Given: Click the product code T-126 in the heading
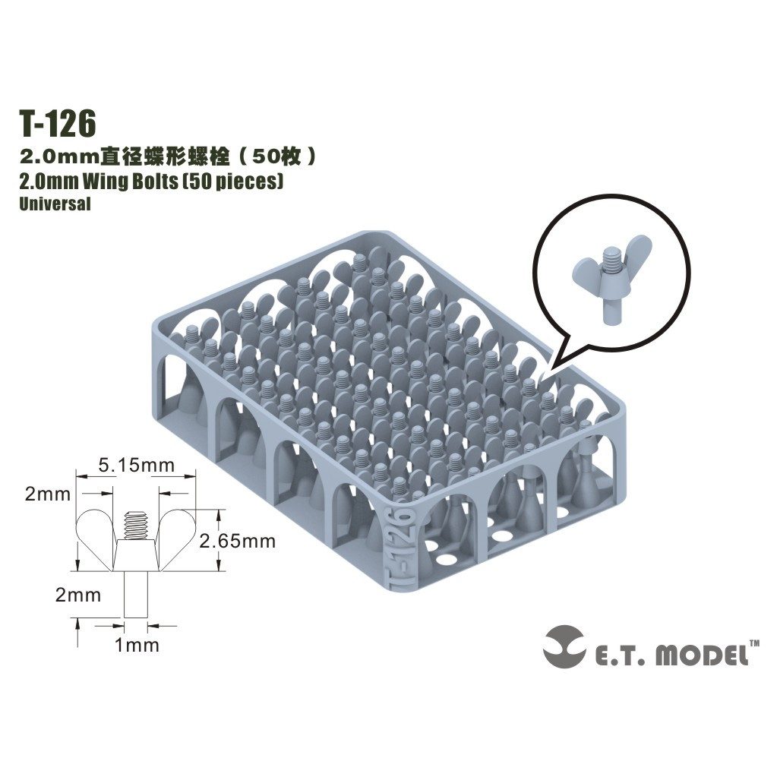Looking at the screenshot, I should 58,123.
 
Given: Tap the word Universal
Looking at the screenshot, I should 55,204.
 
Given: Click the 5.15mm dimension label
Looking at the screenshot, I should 137,464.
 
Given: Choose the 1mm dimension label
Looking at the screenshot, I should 136,646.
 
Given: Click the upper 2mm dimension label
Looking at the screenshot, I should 47,494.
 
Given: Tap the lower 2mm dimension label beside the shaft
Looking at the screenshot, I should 78,595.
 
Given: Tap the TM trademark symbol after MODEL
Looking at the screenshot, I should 755,643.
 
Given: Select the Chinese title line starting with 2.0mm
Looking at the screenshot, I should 167,158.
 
